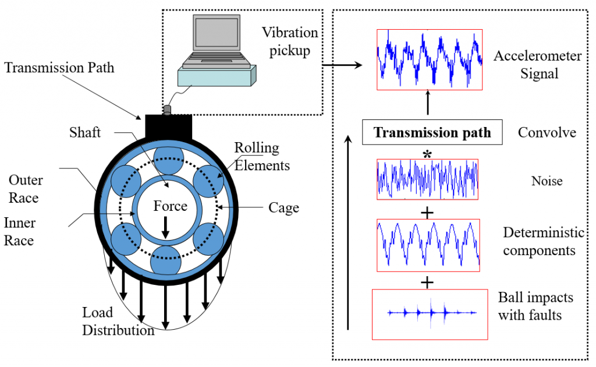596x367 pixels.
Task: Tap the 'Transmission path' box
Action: [x=432, y=133]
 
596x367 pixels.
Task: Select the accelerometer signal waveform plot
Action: [x=430, y=59]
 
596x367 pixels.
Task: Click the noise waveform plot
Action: [x=427, y=180]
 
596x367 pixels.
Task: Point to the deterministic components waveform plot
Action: [x=428, y=245]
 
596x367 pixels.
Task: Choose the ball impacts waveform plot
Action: [x=430, y=314]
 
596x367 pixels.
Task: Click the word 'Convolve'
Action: [x=547, y=133]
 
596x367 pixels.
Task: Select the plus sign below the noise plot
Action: [x=428, y=213]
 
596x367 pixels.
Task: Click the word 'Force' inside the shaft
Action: [x=170, y=206]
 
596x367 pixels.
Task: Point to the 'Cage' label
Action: [x=283, y=207]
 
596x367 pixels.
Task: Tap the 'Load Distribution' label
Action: [x=117, y=322]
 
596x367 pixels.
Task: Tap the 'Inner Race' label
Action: [x=20, y=231]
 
